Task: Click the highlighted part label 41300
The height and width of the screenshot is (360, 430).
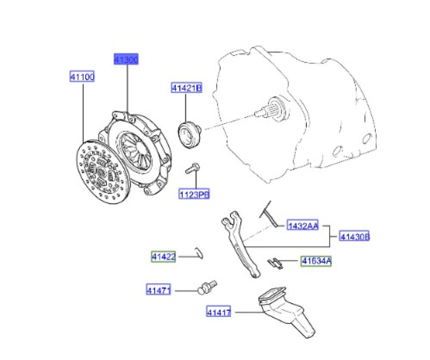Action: pos(126,59)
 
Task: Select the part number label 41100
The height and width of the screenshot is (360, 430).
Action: pos(82,77)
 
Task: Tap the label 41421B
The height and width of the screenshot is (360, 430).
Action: pos(186,88)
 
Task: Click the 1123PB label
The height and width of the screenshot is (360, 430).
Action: pos(194,194)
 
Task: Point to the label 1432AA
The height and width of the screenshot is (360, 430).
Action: pos(303,226)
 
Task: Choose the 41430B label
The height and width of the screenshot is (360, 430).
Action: pos(354,236)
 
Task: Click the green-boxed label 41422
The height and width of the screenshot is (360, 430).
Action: pos(164,257)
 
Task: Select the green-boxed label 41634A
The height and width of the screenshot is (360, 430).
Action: pos(316,261)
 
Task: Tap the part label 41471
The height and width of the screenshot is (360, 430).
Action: pos(158,289)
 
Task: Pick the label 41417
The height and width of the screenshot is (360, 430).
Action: pos(219,312)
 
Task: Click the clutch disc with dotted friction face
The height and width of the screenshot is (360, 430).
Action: pos(103,172)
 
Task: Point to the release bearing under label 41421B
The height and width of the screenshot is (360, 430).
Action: pos(189,134)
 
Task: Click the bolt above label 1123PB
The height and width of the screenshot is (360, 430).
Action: pos(192,168)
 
